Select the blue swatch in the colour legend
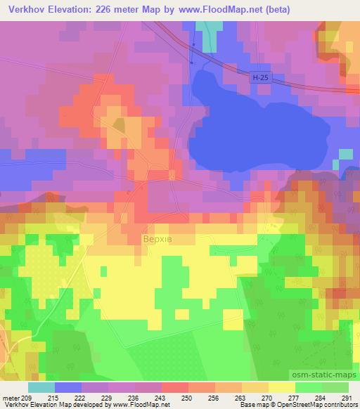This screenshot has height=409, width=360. coord(67,387)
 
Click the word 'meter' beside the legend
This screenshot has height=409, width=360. coord(11,398)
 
